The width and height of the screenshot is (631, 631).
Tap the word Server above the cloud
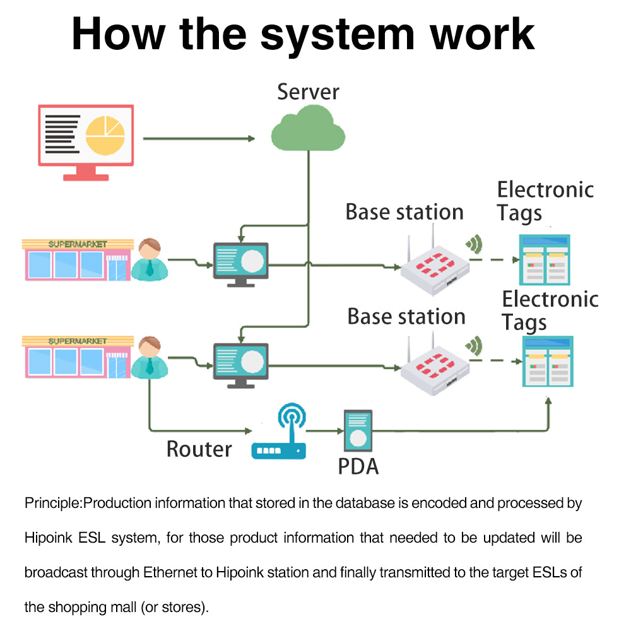click(x=308, y=92)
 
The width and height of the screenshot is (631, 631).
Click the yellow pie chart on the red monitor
click(x=105, y=135)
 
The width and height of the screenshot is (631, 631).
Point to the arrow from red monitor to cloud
click(x=199, y=138)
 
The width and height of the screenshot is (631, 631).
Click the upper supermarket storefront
click(x=77, y=259)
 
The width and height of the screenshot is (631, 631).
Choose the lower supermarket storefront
click(x=77, y=357)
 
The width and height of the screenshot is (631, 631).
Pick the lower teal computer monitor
click(x=240, y=364)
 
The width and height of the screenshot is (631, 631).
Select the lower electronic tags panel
click(x=547, y=361)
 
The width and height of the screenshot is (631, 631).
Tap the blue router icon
click(x=279, y=435)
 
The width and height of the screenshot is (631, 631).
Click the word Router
click(x=199, y=449)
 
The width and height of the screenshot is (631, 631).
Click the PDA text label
click(x=358, y=466)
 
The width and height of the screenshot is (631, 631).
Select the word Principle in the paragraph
click(x=53, y=504)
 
